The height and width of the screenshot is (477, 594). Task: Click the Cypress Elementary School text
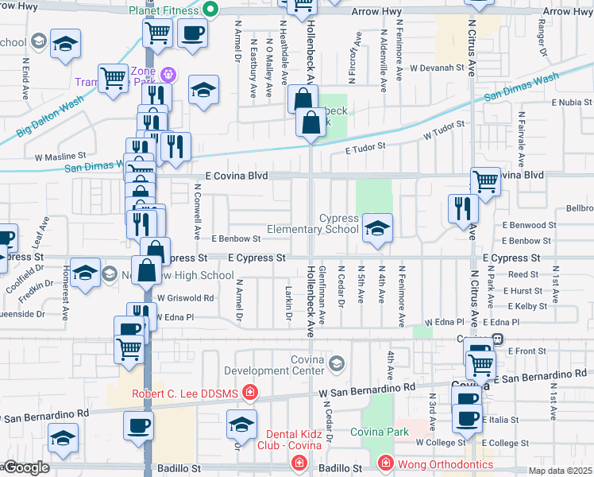tap(313, 223)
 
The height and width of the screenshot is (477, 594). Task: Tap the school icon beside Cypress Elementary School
tap(378, 227)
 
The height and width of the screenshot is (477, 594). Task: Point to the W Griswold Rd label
tap(185, 298)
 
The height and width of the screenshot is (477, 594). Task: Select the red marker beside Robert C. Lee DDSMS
tap(250, 391)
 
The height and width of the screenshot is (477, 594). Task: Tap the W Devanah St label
tap(435, 68)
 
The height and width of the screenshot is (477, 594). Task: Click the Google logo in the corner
tap(25, 467)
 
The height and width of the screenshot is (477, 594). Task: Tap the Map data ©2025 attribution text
tap(560, 470)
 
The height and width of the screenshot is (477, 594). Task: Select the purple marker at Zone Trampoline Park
tap(168, 76)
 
